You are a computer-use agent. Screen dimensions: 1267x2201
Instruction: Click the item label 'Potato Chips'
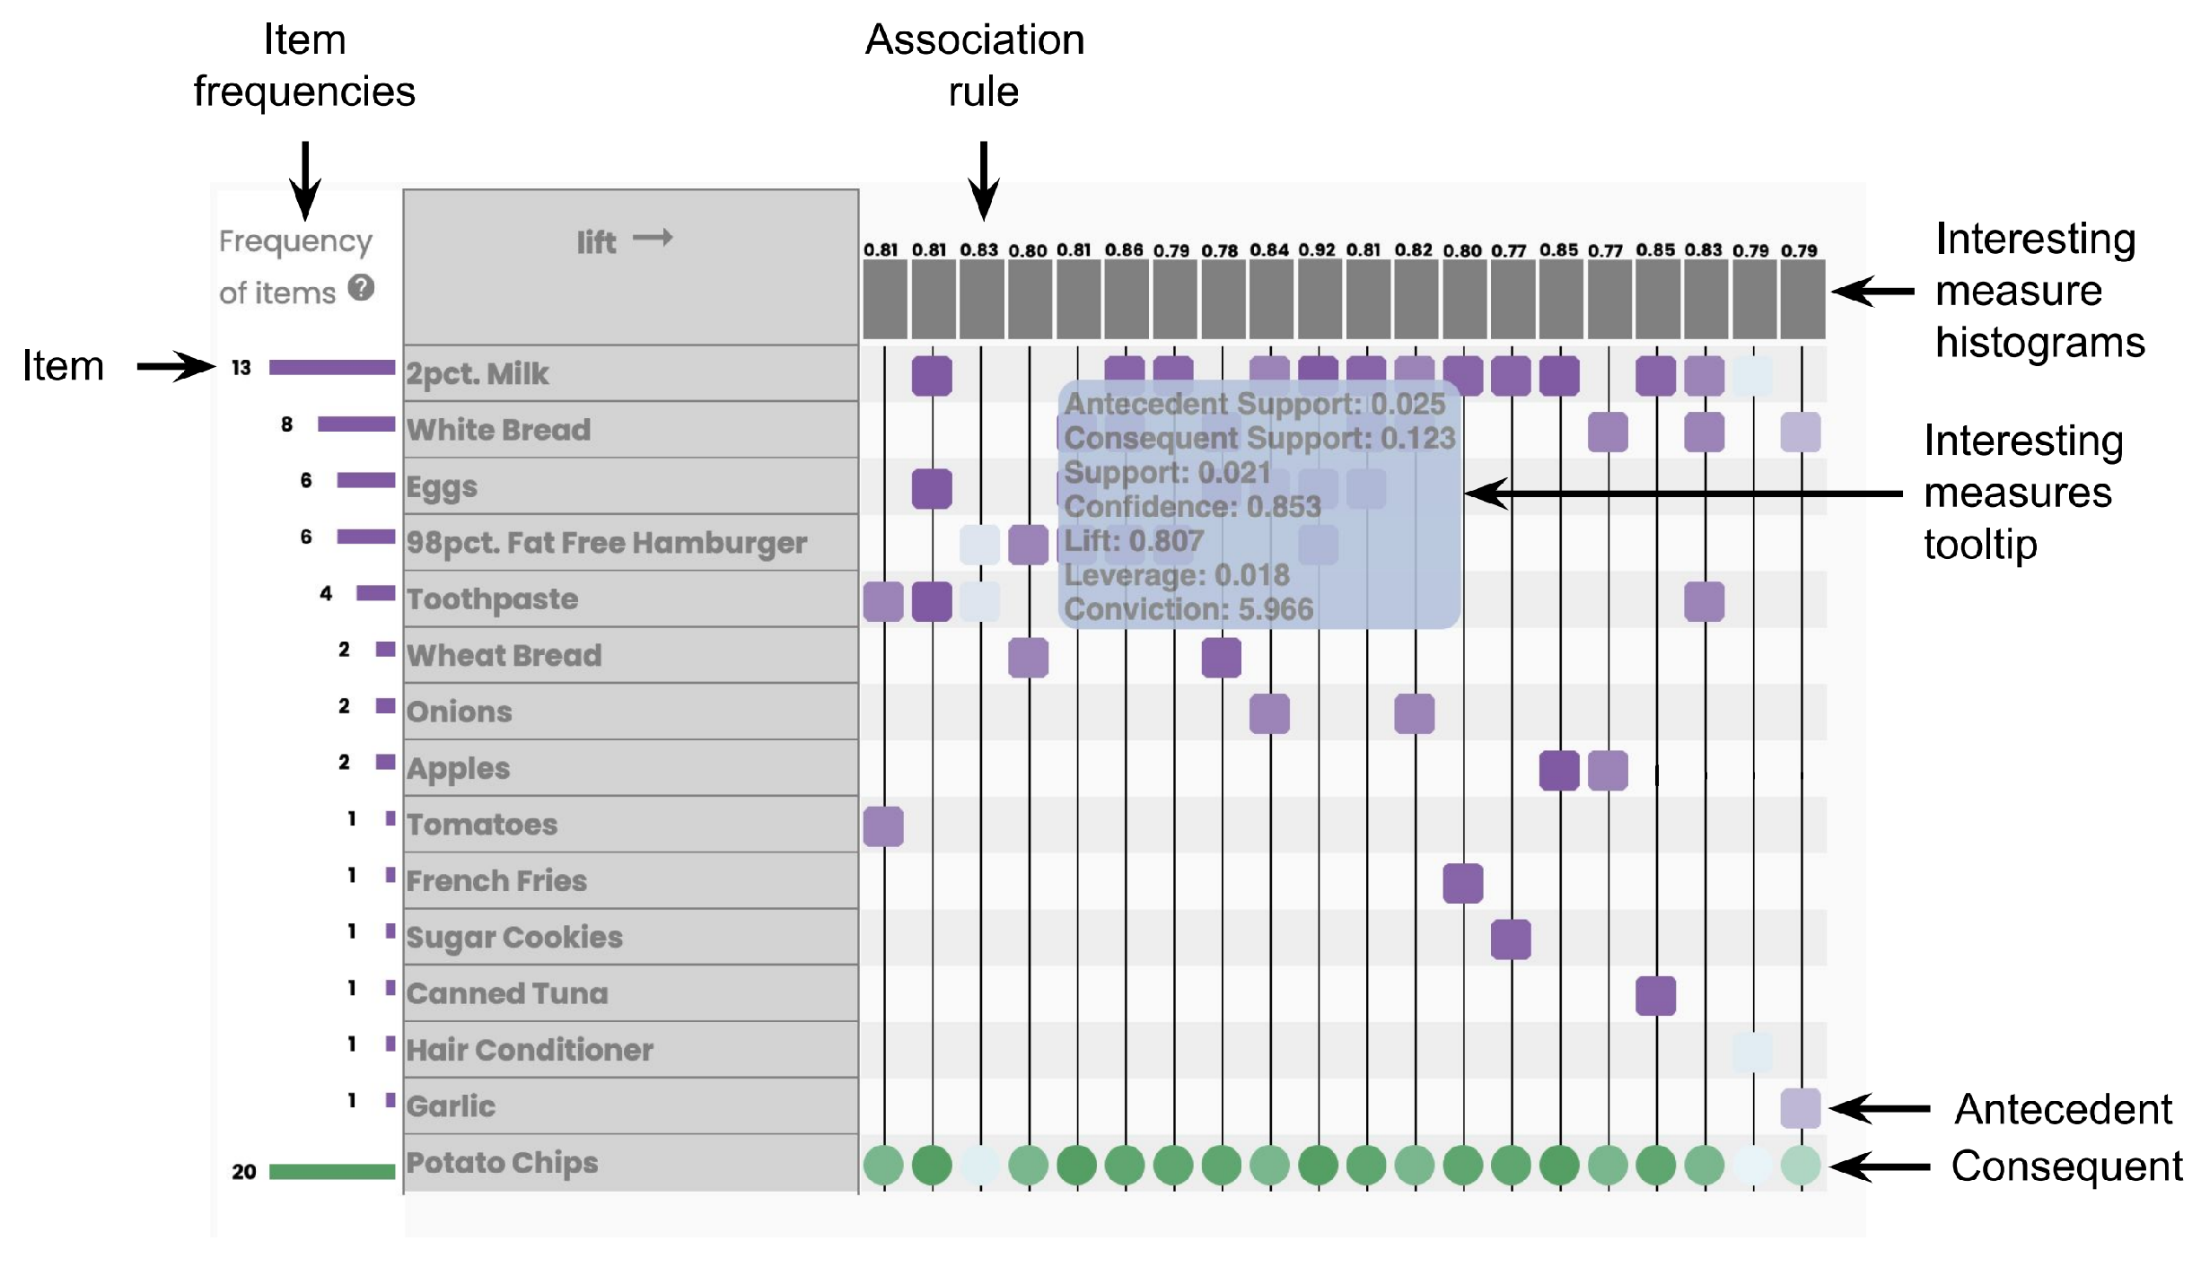coord(502,1163)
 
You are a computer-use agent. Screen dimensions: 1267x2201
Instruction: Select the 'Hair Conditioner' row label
coord(530,1050)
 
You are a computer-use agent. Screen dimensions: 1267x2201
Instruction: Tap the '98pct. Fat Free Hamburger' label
coord(607,543)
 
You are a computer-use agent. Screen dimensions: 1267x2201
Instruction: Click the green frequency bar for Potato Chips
coord(332,1171)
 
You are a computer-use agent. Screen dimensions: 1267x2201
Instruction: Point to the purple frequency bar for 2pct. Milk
coord(332,367)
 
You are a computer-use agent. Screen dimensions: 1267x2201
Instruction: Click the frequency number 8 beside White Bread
coord(286,424)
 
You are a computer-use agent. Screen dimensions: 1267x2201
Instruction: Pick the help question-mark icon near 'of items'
coord(361,288)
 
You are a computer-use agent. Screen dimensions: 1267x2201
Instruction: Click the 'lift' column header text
coord(596,242)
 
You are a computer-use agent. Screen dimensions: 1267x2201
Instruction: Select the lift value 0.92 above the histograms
coord(1317,250)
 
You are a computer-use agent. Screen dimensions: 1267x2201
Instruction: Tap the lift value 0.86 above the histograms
coord(1124,250)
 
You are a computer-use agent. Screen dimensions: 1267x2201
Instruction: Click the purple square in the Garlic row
coord(1800,1108)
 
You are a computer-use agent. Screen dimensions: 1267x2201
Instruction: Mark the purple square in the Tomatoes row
coord(883,826)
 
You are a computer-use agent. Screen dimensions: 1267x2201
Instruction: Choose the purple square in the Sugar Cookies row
coord(1511,939)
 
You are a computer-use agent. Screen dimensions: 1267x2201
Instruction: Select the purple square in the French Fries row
coord(1462,883)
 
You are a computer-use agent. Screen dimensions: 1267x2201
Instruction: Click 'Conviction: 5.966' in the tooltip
coord(1188,610)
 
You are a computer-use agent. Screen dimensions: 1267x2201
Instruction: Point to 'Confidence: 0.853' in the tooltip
coord(1192,507)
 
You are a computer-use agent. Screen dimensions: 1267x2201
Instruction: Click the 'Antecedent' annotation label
coord(2063,1110)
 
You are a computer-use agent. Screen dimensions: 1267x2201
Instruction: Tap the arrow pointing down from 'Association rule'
coord(984,179)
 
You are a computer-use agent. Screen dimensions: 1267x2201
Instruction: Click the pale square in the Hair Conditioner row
coord(1751,1052)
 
